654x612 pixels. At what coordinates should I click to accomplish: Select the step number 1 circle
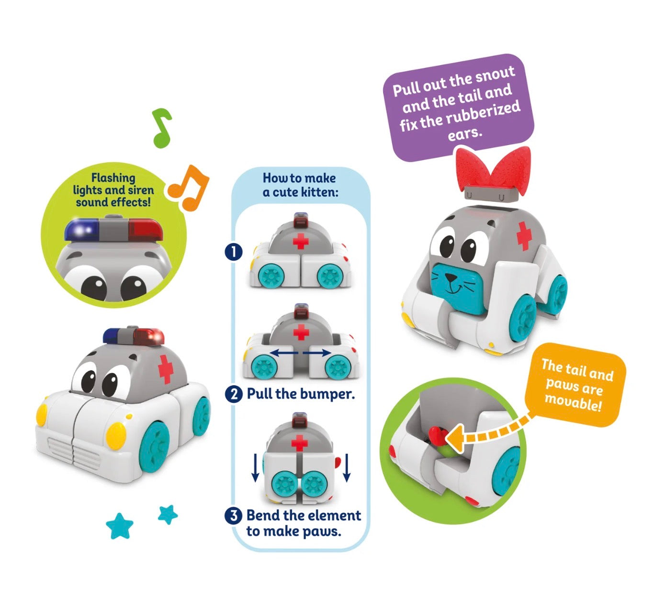tap(234, 252)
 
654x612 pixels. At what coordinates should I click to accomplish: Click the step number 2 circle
tap(234, 394)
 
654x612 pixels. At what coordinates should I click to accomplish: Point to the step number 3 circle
tap(234, 515)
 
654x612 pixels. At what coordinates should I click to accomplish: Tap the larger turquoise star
tap(120, 526)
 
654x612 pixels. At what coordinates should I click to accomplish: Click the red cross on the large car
tap(165, 369)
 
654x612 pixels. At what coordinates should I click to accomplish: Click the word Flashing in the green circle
tap(113, 178)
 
